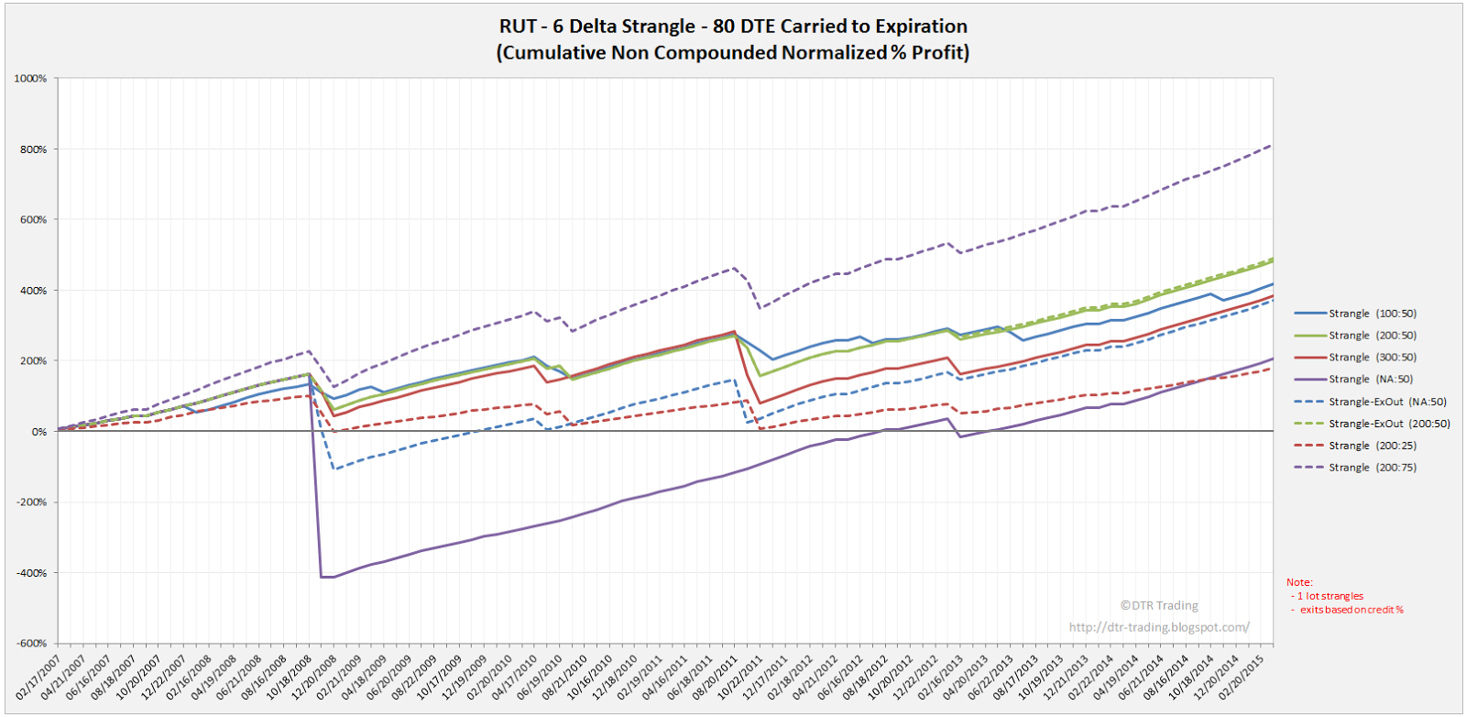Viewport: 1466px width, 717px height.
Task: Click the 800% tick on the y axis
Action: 33,149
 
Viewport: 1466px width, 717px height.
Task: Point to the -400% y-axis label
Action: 31,573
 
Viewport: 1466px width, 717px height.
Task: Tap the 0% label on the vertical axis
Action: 38,432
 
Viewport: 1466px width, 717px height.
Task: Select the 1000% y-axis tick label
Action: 30,79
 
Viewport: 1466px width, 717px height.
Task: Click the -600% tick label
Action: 31,644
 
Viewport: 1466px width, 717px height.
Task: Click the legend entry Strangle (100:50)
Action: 1372,314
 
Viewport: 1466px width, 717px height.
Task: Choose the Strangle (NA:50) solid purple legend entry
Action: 1370,380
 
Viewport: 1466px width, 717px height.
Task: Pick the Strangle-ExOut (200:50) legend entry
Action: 1389,424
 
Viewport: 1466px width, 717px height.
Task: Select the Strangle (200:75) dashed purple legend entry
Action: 1372,468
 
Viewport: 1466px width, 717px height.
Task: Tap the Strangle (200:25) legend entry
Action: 1372,446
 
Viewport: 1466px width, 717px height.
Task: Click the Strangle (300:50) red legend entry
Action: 1372,358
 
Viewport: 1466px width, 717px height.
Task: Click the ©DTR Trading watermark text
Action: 1158,605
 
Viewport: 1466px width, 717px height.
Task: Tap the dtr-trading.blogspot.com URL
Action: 1158,627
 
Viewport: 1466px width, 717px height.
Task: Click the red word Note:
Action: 1299,582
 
